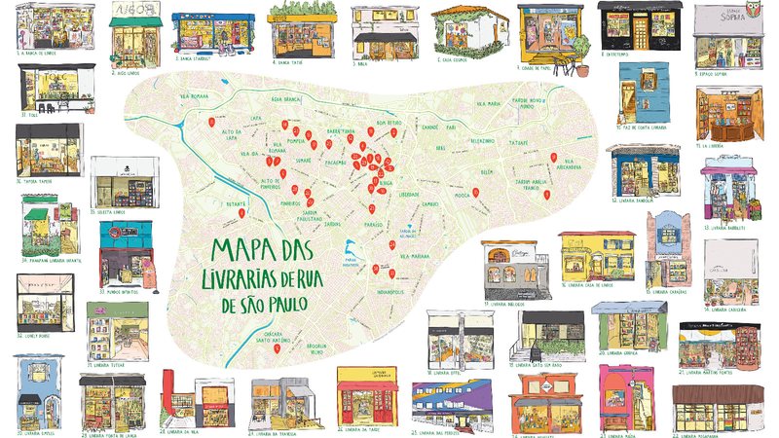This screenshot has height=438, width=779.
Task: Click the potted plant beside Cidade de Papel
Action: [x=581, y=67]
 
